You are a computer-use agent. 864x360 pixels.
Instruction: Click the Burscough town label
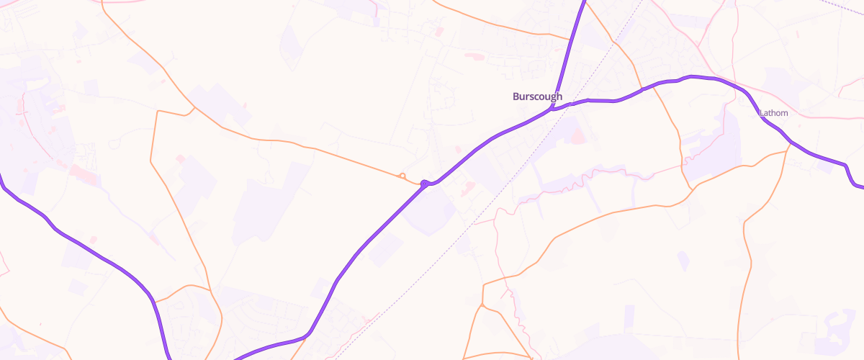537,96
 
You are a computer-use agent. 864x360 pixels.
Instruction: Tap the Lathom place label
773,113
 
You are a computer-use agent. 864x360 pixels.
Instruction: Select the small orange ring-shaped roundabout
402,176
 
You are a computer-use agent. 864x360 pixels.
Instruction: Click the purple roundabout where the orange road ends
426,184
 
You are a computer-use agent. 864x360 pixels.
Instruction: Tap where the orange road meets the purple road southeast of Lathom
789,144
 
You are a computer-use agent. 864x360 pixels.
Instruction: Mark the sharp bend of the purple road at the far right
845,166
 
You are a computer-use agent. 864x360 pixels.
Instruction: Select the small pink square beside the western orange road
179,158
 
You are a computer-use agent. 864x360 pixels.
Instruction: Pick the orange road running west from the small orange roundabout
324,151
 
